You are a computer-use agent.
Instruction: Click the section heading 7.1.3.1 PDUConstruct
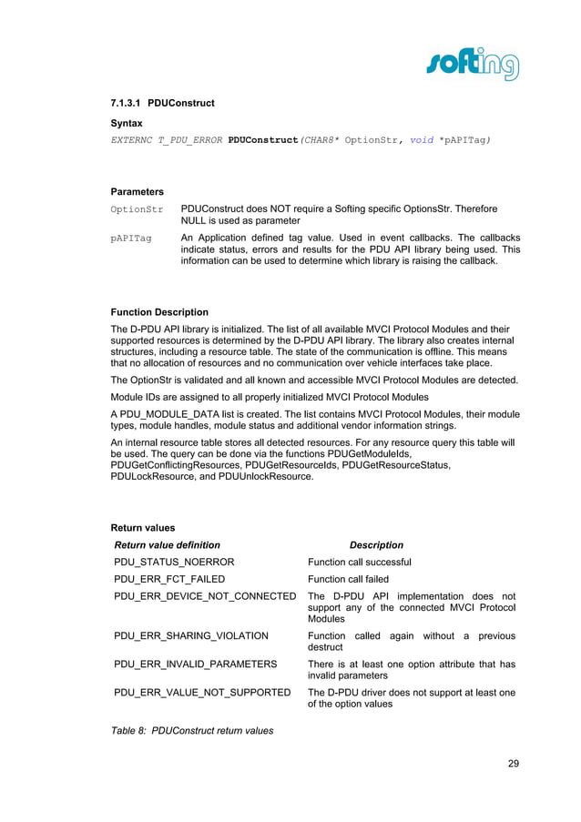point(162,104)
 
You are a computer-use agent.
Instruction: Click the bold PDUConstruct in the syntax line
point(264,140)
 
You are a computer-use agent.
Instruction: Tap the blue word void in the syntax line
point(422,140)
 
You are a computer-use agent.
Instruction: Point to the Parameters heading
point(137,192)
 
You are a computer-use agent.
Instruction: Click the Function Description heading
point(158,312)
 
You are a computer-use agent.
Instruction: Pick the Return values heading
point(142,527)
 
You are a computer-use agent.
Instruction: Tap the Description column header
point(376,545)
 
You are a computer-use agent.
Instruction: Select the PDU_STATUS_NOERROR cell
point(174,562)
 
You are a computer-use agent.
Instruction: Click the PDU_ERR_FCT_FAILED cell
point(169,579)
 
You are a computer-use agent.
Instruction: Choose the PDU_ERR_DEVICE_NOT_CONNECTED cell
point(205,596)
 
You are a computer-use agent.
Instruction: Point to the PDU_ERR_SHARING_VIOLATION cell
point(191,635)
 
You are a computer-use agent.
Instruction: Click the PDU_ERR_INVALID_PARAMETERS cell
point(195,665)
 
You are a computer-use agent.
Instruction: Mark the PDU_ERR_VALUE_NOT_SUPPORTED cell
point(202,693)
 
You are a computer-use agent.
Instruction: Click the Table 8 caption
point(191,730)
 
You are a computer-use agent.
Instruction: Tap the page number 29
point(513,764)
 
